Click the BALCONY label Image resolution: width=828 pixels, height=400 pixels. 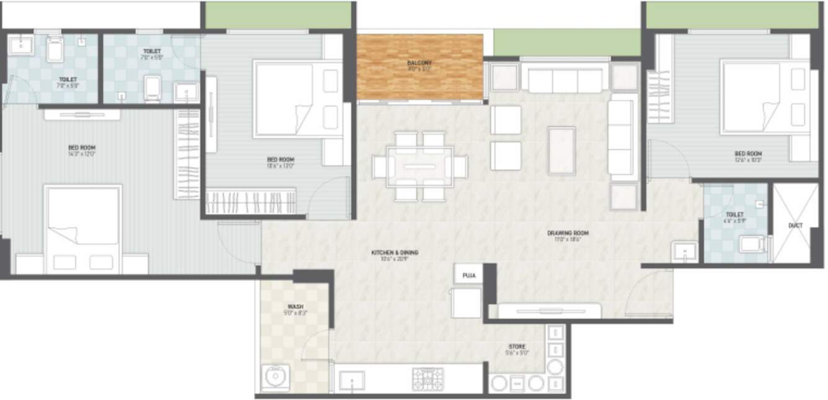[420, 63]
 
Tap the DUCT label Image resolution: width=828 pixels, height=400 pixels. [796, 226]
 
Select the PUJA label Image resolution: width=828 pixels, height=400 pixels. [469, 275]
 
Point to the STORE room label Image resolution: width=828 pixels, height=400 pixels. [517, 347]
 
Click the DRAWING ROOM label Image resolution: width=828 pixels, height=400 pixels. [567, 233]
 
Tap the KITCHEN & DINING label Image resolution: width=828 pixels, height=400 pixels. [394, 252]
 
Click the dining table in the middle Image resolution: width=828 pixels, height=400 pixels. [420, 166]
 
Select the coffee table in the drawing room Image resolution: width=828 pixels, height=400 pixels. [562, 150]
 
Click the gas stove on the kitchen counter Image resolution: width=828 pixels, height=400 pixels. [428, 378]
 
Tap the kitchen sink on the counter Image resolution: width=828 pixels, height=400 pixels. [351, 380]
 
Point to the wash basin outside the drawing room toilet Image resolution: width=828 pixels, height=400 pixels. [685, 251]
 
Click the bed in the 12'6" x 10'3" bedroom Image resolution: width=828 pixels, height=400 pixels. [751, 97]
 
